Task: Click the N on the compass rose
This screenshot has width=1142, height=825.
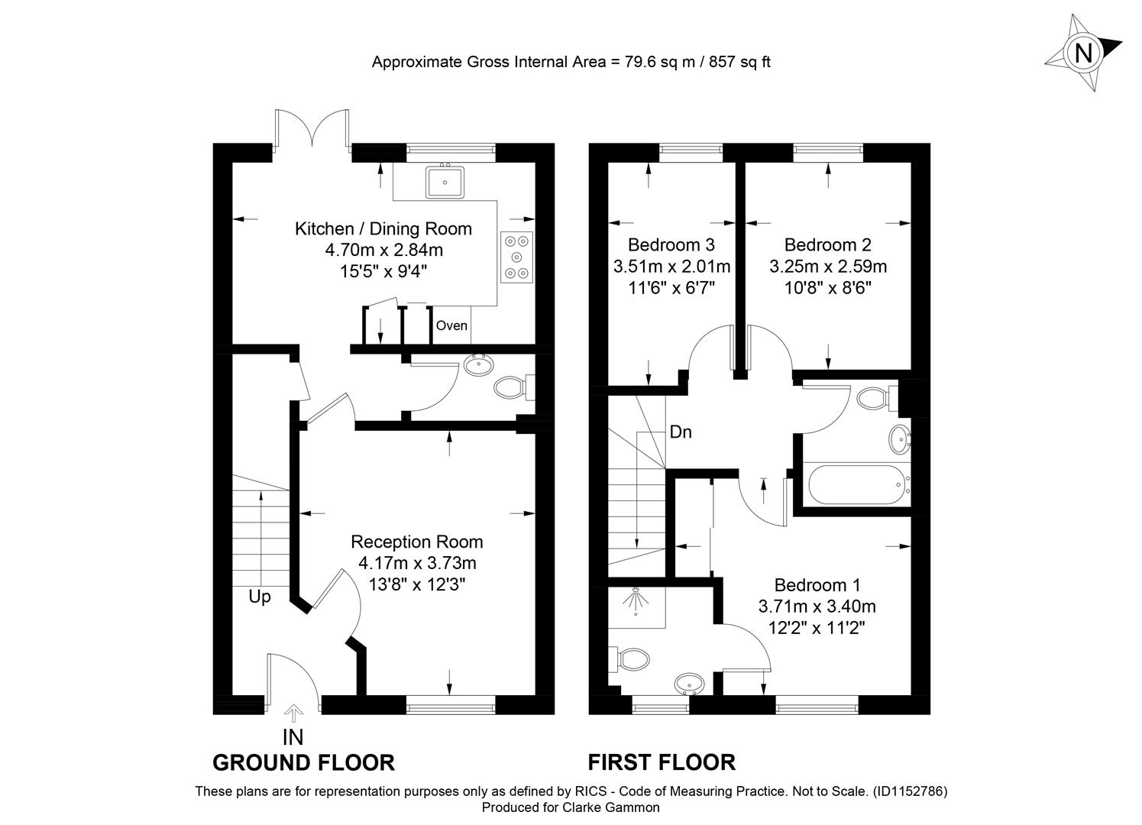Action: [1083, 53]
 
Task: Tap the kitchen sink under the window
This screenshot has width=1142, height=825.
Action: [445, 182]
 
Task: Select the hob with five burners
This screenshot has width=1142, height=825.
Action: [517, 257]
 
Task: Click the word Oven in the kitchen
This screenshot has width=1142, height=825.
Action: [451, 325]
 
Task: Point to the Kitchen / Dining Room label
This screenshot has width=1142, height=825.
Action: [383, 228]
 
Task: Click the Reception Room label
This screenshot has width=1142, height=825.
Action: [416, 542]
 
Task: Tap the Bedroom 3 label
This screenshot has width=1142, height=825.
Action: [671, 244]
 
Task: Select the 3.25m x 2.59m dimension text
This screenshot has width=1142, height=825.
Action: [828, 266]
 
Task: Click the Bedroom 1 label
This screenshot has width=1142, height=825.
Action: [817, 584]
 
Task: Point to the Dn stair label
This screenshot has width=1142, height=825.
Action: [681, 432]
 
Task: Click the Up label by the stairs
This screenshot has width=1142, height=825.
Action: [260, 597]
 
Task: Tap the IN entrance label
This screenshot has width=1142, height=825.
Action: [293, 737]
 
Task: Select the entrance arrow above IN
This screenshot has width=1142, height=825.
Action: [293, 713]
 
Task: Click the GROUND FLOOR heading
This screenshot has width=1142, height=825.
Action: [303, 763]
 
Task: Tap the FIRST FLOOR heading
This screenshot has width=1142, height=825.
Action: [662, 762]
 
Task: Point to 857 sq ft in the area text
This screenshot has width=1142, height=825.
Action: [739, 62]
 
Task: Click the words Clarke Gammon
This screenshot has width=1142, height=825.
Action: [611, 807]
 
